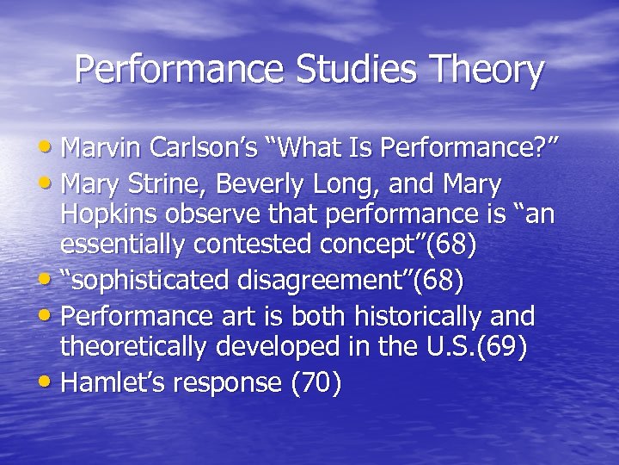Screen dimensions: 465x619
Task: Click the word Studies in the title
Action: point(348,71)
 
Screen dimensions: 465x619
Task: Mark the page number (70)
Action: point(317,383)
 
